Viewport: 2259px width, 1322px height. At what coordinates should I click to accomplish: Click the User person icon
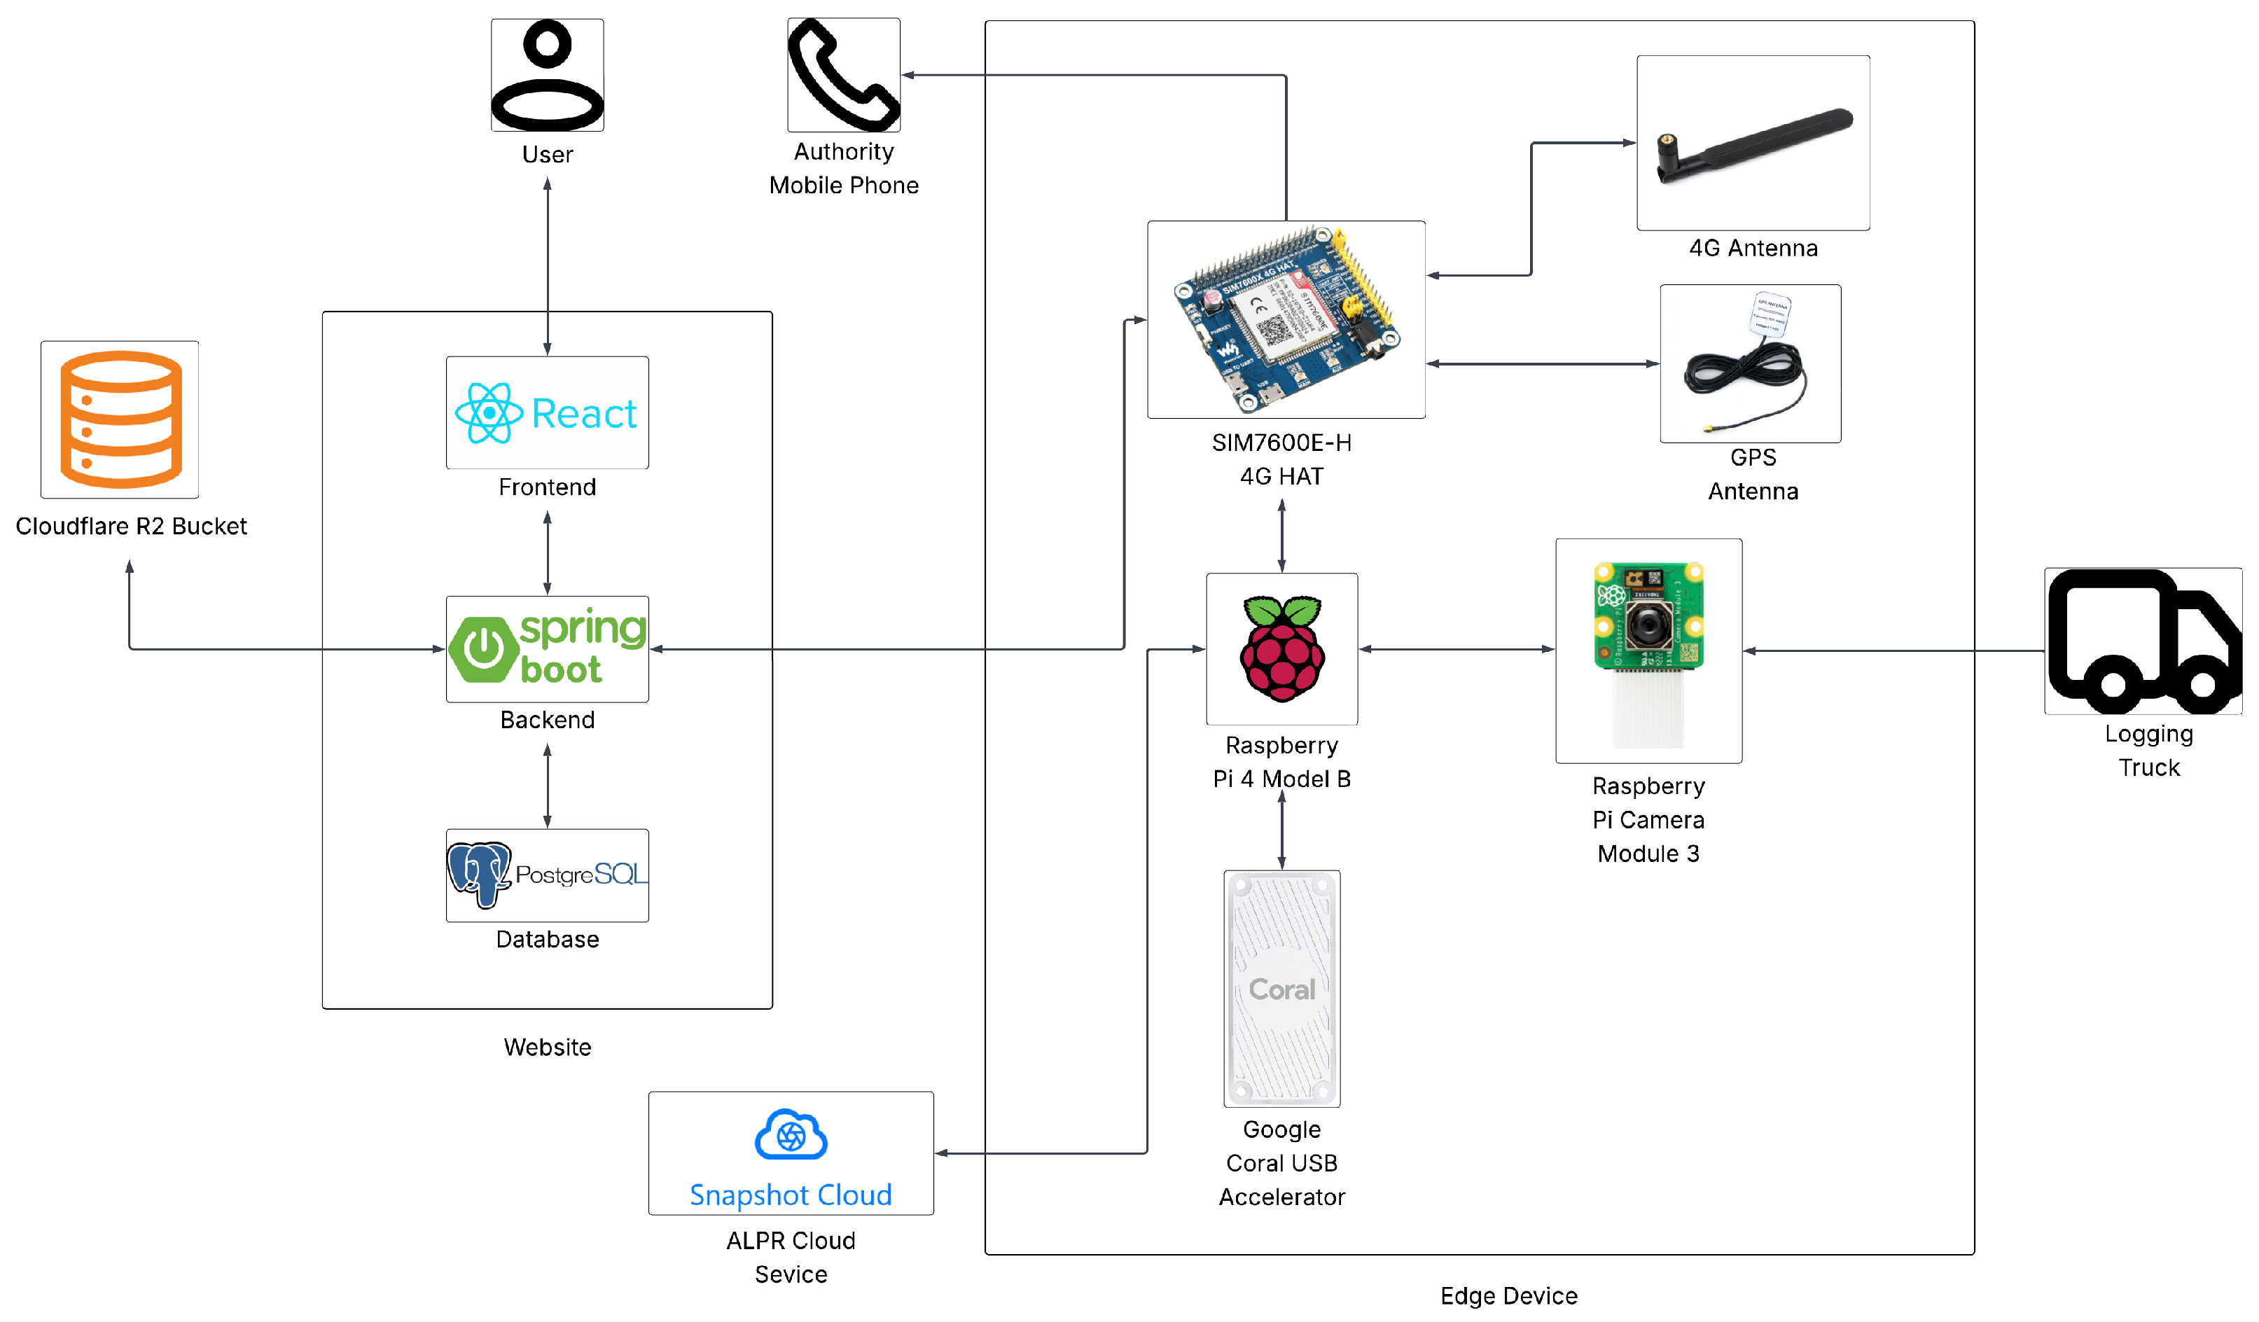click(x=547, y=76)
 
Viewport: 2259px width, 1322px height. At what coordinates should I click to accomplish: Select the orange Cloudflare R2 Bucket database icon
click(x=120, y=419)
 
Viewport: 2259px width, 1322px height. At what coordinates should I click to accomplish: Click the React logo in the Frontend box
click(x=489, y=413)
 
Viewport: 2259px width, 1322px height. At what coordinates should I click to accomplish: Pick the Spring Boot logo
click(x=547, y=649)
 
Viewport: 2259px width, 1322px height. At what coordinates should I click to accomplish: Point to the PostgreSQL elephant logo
click(x=479, y=874)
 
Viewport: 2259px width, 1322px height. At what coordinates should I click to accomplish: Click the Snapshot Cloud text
click(x=791, y=1195)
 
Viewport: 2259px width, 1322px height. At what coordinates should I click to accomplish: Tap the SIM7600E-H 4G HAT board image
click(x=1286, y=320)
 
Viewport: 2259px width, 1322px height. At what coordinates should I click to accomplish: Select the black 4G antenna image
click(x=1753, y=144)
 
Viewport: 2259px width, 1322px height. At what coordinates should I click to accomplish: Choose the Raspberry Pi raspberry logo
click(x=1282, y=649)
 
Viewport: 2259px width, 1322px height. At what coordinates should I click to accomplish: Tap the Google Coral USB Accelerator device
click(x=1282, y=989)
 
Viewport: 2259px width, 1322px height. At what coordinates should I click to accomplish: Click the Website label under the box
click(x=547, y=1047)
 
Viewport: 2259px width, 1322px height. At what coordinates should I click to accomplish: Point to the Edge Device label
click(x=1509, y=1296)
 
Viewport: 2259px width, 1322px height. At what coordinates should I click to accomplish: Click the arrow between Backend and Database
click(x=547, y=786)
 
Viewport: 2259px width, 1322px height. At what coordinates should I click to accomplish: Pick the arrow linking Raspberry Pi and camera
click(x=1457, y=649)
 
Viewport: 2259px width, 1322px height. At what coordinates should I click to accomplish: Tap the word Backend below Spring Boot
click(x=547, y=720)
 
